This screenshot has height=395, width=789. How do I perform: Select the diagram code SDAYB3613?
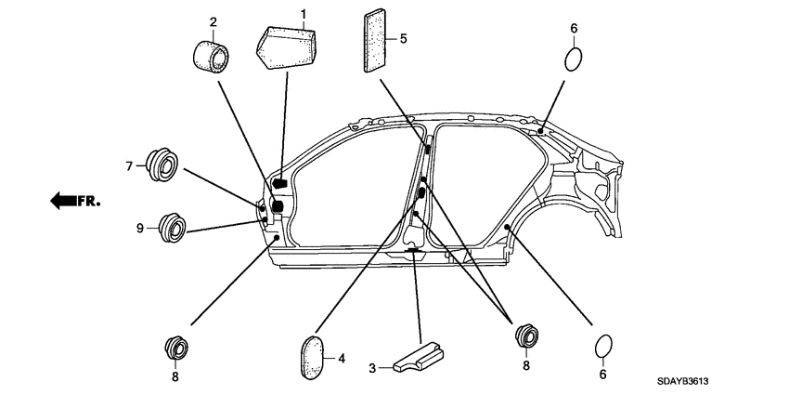692,382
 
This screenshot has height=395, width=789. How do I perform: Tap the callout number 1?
302,13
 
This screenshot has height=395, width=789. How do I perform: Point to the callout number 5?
403,39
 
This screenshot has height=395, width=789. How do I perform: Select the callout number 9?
140,228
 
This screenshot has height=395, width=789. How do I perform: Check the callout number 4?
342,358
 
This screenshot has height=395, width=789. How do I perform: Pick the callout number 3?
372,369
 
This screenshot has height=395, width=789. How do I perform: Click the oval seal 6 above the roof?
575,59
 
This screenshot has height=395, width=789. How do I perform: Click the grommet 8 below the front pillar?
175,346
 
